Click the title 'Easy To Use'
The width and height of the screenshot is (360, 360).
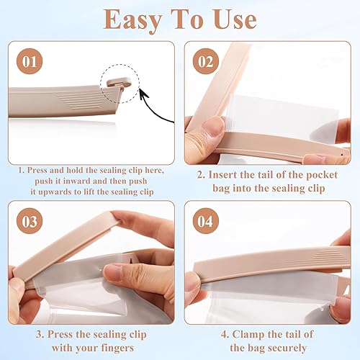coord(179,19)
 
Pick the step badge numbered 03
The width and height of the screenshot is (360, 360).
coord(30,221)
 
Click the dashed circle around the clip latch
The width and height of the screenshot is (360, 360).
coord(120,84)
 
